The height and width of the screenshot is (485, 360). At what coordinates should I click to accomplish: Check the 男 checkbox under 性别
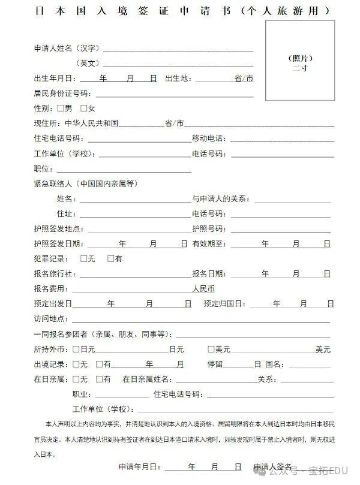point(60,109)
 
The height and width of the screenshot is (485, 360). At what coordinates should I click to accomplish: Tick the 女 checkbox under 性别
point(83,109)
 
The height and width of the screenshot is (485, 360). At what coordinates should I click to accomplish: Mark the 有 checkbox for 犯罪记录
point(110,259)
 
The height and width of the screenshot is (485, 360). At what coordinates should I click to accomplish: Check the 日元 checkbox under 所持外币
point(76,349)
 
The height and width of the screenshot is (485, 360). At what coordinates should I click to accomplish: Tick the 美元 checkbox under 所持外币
point(211,349)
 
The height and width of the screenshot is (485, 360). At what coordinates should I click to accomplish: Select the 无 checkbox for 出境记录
point(76,364)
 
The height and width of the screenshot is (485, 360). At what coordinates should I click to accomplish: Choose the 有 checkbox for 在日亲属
point(99,379)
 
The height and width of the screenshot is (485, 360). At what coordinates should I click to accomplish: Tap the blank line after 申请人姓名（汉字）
point(178,49)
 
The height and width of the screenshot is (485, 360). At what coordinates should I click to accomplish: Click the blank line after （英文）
point(178,64)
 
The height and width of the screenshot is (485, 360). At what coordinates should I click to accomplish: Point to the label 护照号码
point(208,229)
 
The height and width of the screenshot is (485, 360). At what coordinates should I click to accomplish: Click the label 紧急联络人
point(53,183)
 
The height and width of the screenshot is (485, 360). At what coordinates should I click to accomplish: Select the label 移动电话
point(208,138)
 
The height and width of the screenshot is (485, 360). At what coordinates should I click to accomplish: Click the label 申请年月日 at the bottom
point(139,466)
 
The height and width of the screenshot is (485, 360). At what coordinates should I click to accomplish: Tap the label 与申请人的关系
point(220,198)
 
